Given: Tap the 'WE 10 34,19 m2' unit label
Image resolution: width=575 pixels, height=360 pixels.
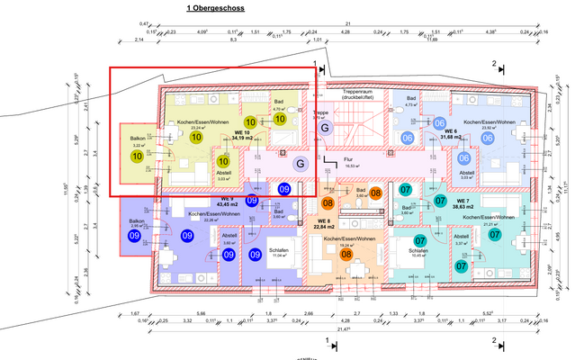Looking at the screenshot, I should pyautogui.click(x=239, y=136).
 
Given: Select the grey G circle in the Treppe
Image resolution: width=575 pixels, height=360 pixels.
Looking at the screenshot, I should pyautogui.click(x=325, y=130).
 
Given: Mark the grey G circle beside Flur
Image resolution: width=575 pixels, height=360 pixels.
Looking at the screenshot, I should pyautogui.click(x=301, y=163).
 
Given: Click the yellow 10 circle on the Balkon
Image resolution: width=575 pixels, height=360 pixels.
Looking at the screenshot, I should pyautogui.click(x=137, y=157).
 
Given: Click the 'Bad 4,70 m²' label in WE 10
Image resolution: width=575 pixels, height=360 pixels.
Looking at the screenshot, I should pyautogui.click(x=279, y=106).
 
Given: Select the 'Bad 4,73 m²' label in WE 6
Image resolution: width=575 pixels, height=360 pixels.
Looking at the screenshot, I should pyautogui.click(x=411, y=102).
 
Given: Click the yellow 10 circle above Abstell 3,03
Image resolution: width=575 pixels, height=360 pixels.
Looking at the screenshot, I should pyautogui.click(x=223, y=163).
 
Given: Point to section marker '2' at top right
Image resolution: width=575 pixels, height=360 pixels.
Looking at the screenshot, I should pyautogui.click(x=494, y=64).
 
